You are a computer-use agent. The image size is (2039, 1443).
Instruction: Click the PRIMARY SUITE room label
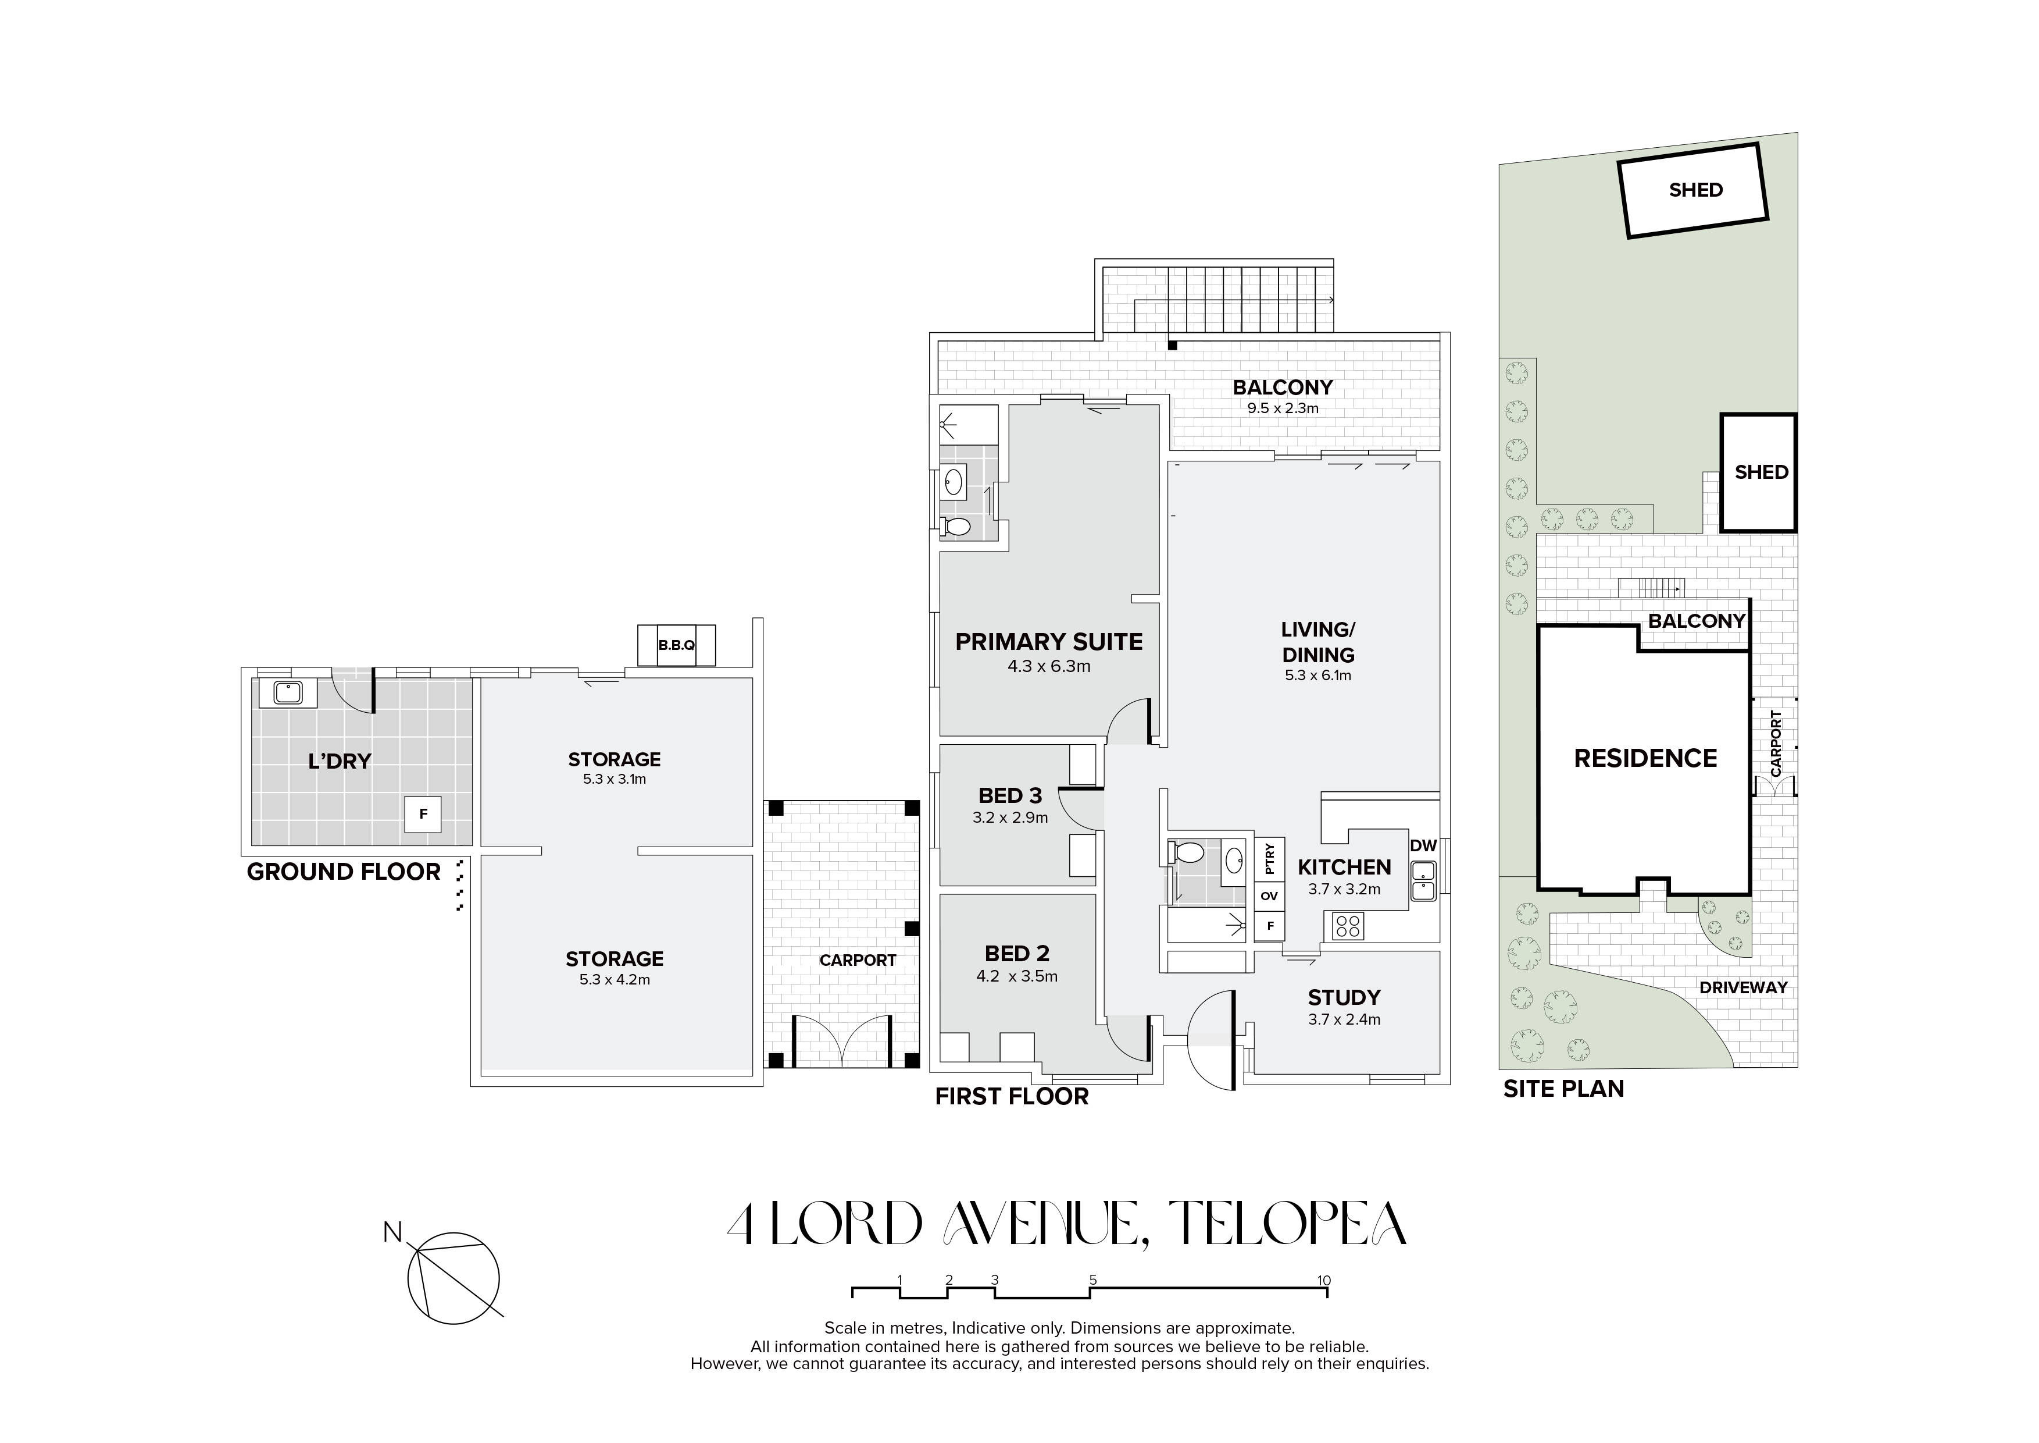(1049, 642)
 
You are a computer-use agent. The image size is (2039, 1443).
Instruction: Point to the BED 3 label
(1010, 796)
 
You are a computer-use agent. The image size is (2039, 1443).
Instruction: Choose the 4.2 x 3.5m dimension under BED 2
(1017, 976)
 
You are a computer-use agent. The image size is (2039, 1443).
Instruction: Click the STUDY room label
(1344, 998)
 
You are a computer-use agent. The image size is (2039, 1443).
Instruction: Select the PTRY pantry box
(1269, 858)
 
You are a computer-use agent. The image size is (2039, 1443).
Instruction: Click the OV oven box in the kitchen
(1269, 895)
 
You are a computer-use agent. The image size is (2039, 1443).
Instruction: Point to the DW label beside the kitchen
(1423, 846)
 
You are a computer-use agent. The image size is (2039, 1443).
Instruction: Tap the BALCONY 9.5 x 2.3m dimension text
(1283, 408)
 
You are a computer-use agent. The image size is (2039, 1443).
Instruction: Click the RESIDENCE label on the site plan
(1645, 758)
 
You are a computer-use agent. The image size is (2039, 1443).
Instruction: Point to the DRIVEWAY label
(1743, 987)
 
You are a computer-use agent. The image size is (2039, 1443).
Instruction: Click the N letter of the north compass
(392, 1232)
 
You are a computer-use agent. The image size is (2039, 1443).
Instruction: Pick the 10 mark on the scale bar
(1324, 1281)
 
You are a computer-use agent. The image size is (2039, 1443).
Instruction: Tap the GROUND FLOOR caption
(343, 873)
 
